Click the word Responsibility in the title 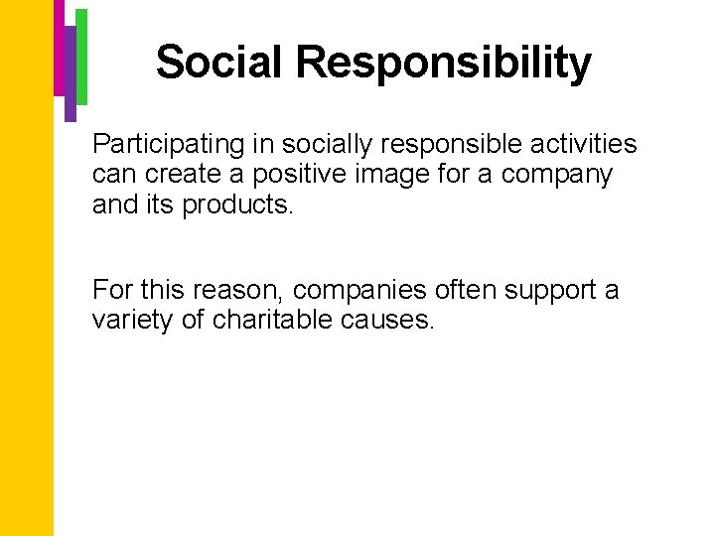pos(443,64)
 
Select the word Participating pos(168,145)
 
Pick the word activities pos(586,144)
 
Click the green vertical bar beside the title pos(81,56)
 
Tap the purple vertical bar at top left pos(71,73)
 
